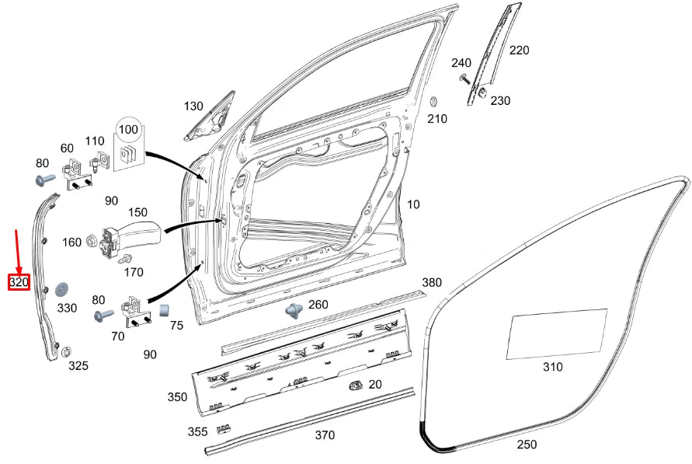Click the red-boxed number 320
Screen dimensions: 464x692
click(19, 282)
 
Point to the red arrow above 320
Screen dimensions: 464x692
click(18, 249)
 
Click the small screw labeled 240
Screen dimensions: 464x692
click(464, 78)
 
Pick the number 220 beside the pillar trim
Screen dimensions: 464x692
click(519, 50)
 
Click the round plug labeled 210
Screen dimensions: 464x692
click(435, 103)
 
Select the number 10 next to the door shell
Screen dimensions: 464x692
click(413, 204)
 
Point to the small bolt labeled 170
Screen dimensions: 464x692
click(127, 258)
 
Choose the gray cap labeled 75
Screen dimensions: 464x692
click(165, 312)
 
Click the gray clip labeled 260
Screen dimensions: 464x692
click(294, 310)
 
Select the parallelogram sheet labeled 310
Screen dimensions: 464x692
click(556, 334)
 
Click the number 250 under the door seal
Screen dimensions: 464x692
click(527, 444)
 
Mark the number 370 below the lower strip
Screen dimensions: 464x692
click(324, 435)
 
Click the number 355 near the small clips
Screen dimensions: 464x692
click(197, 431)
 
